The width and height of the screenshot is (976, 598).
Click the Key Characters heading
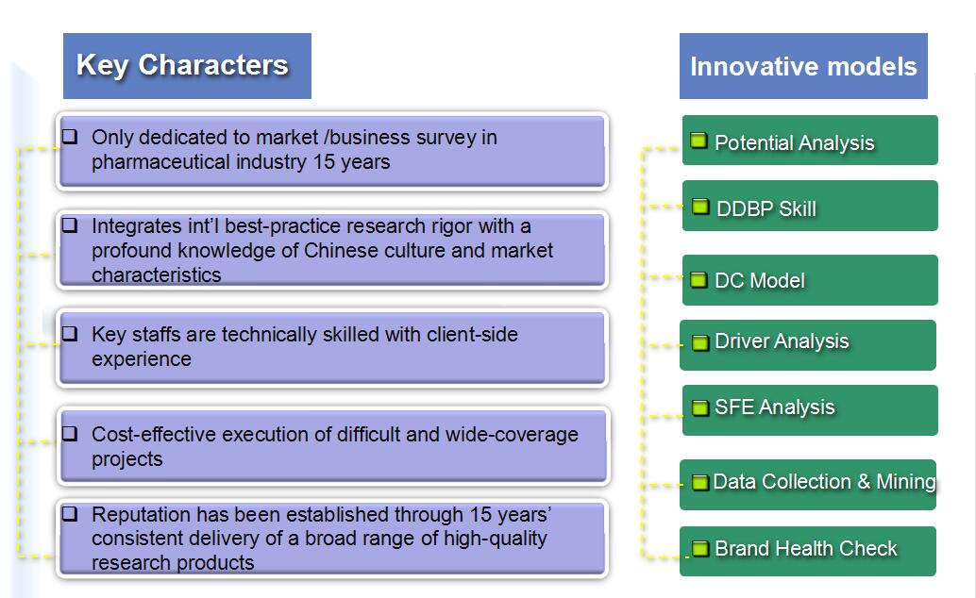pyautogui.click(x=182, y=65)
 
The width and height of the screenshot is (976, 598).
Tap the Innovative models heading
pyautogui.click(x=803, y=67)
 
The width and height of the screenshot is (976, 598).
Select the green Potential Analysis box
pyautogui.click(x=810, y=140)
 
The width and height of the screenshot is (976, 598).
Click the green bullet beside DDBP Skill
pyautogui.click(x=700, y=207)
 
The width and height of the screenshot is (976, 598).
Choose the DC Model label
pyautogui.click(x=760, y=281)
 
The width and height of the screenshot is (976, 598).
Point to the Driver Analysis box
pyautogui.click(x=808, y=345)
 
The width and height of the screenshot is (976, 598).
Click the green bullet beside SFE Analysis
pyautogui.click(x=700, y=407)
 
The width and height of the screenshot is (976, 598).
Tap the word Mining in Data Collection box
pyautogui.click(x=905, y=482)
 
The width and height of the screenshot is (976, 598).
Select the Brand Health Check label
pyautogui.click(x=806, y=548)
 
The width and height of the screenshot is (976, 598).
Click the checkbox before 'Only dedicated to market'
pyautogui.click(x=70, y=136)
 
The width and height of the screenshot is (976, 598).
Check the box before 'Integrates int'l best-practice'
pyautogui.click(x=70, y=224)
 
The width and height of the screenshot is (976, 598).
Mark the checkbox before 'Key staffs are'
pyautogui.click(x=70, y=334)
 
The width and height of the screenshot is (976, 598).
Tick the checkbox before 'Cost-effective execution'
pyautogui.click(x=70, y=433)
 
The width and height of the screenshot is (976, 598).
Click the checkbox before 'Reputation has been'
pyautogui.click(x=70, y=513)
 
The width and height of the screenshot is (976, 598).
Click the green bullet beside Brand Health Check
pyautogui.click(x=700, y=549)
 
